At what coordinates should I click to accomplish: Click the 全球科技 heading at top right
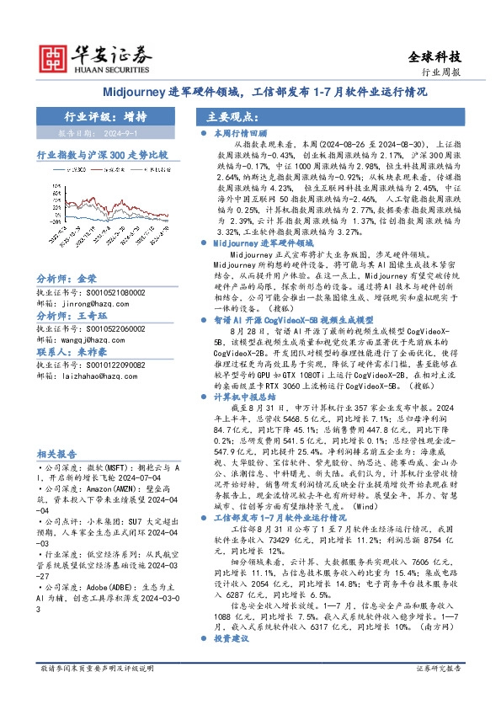click(435, 57)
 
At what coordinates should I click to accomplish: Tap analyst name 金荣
click(87, 301)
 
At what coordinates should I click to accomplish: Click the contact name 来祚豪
click(87, 375)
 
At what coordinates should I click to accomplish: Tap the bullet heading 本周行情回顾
click(240, 133)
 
